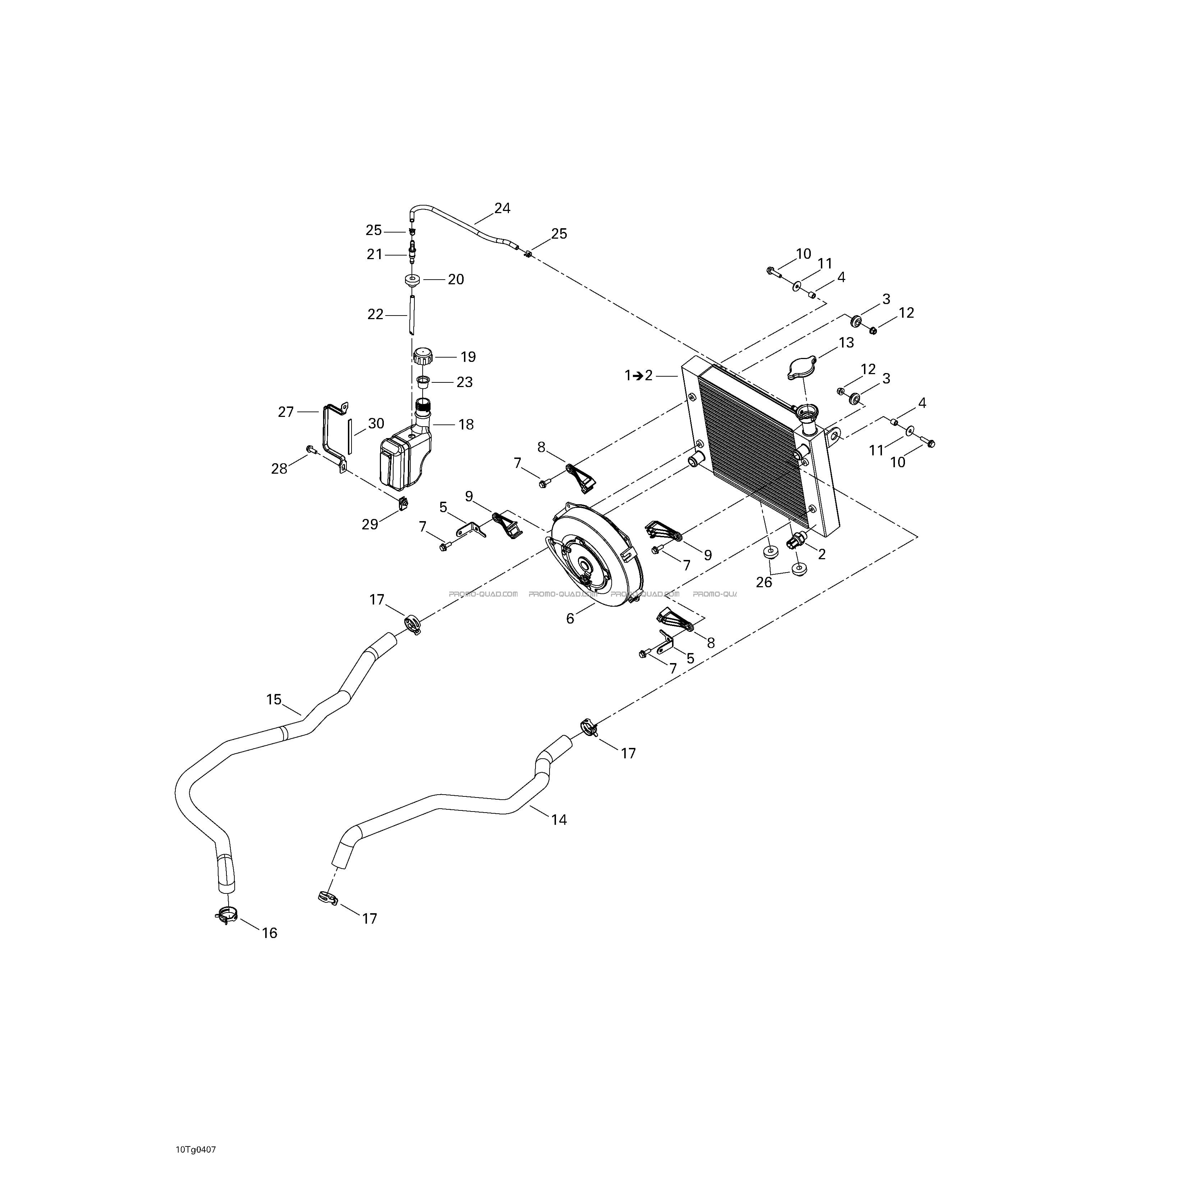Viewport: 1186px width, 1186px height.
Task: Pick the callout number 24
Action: [502, 208]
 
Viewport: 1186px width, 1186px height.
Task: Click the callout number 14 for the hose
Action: [558, 819]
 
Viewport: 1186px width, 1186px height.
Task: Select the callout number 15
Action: [274, 699]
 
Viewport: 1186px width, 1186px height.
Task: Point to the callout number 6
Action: [570, 619]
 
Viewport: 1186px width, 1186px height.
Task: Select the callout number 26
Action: [764, 582]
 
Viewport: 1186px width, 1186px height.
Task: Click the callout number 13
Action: [846, 343]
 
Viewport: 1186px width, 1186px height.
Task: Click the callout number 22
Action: [375, 314]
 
